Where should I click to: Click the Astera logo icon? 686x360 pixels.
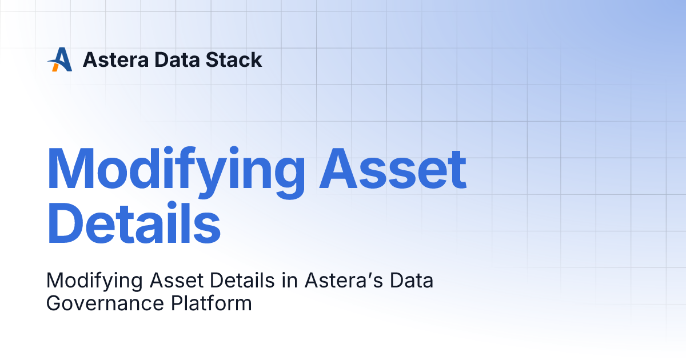60,59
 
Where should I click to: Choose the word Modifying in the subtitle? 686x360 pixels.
94,281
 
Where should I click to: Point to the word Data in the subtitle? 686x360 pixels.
412,281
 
